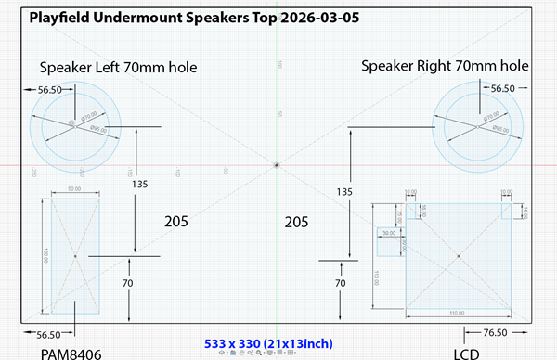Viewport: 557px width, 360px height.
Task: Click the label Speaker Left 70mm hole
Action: [x=118, y=66]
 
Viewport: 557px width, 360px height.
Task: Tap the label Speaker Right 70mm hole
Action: [x=445, y=66]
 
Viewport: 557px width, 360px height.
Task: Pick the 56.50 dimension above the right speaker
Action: [x=501, y=88]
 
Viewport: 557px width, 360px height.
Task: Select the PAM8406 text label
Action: [x=70, y=352]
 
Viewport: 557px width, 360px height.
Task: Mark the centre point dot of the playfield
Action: [x=278, y=165]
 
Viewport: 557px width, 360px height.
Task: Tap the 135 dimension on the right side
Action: [x=343, y=192]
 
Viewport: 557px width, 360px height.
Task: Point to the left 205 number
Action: [x=177, y=222]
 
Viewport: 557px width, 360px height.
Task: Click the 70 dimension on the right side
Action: [x=342, y=283]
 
